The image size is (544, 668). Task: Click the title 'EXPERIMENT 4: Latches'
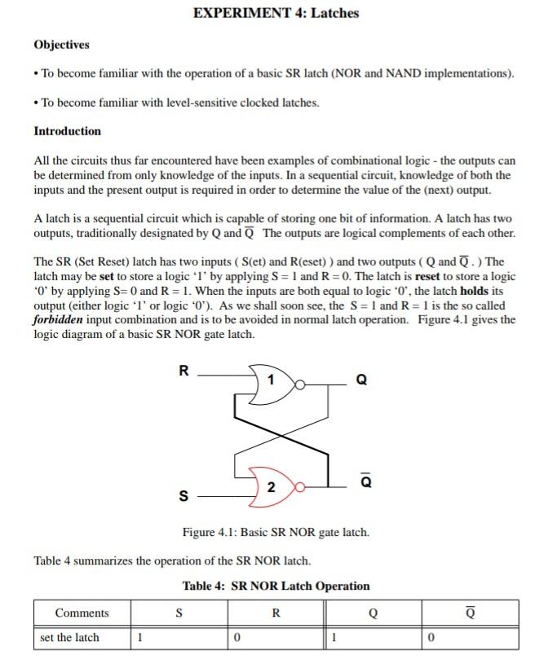point(276,13)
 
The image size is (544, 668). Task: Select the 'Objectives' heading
point(61,45)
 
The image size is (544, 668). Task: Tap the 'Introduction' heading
point(67,131)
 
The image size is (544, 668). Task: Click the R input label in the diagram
point(184,371)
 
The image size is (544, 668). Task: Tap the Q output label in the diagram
point(362,380)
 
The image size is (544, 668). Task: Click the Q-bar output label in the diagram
point(365,481)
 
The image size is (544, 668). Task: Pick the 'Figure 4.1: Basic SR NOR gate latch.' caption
point(276,533)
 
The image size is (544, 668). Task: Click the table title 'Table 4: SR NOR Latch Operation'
point(276,586)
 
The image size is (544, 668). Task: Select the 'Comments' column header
point(82,613)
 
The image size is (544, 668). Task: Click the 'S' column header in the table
point(179,613)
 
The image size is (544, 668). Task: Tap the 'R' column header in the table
point(276,613)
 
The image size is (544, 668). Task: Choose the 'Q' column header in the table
point(373,613)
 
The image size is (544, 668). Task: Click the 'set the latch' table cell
point(70,638)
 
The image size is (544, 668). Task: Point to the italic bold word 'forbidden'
point(61,319)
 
